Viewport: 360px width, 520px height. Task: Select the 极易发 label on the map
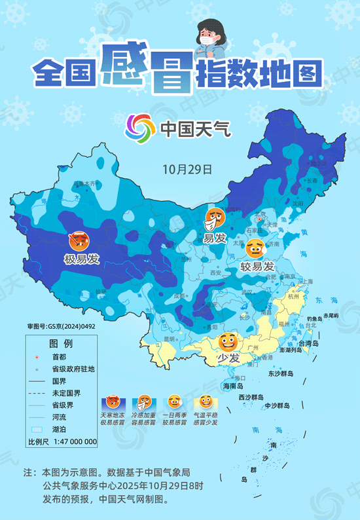(81, 259)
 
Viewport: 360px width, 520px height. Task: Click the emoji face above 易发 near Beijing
(215, 218)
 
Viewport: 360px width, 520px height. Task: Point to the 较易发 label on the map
(256, 267)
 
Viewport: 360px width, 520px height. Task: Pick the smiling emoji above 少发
(228, 342)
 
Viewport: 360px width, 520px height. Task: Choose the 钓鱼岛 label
(317, 319)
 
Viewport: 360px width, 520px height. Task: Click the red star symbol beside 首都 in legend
(37, 357)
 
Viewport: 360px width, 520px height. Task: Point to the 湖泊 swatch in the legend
(38, 428)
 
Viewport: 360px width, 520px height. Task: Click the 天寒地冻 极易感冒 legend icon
(113, 402)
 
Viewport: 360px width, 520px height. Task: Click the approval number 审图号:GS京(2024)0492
(61, 325)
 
